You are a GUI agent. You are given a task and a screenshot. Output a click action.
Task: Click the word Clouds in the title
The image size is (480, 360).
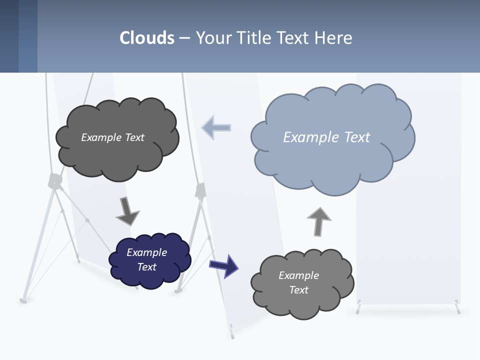[x=147, y=38]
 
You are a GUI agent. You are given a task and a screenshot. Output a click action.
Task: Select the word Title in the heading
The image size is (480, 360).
[x=254, y=38]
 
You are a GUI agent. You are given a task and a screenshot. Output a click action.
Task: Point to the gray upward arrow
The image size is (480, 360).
[x=319, y=221]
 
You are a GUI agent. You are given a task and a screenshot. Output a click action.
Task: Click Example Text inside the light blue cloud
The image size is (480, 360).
[x=326, y=137]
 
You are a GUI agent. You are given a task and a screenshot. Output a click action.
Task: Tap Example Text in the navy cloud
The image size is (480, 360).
[x=147, y=259]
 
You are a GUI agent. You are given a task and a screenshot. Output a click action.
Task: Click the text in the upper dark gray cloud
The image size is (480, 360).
[x=112, y=137]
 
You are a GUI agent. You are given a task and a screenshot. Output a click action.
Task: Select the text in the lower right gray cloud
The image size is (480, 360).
[x=298, y=282]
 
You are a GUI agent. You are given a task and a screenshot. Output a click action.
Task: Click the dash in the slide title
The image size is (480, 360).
[x=184, y=38]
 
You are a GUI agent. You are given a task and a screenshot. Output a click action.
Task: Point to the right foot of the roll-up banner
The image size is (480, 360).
[x=457, y=307]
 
